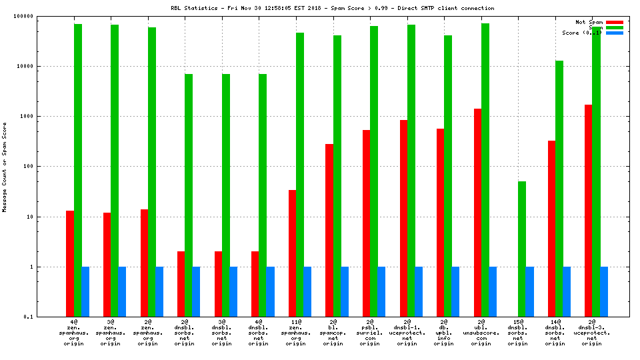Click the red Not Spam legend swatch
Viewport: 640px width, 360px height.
[x=614, y=22]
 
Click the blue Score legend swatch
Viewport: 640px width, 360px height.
[x=614, y=33]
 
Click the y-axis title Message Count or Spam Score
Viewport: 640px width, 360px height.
[x=5, y=167]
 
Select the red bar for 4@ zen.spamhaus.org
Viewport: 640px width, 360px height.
[x=70, y=263]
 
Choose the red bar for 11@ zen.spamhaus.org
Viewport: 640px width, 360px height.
[x=292, y=253]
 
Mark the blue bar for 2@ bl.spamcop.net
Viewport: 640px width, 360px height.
[x=345, y=291]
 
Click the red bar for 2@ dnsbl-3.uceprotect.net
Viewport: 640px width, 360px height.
[x=588, y=210]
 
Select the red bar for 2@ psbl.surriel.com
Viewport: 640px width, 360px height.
[x=366, y=223]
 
